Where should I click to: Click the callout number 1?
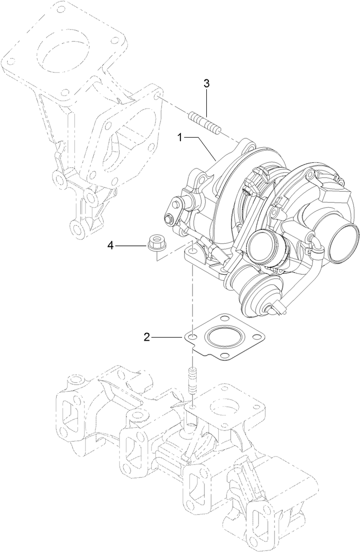pyautogui.click(x=180, y=138)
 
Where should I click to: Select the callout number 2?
pyautogui.click(x=147, y=338)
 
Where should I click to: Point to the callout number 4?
pyautogui.click(x=110, y=232)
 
